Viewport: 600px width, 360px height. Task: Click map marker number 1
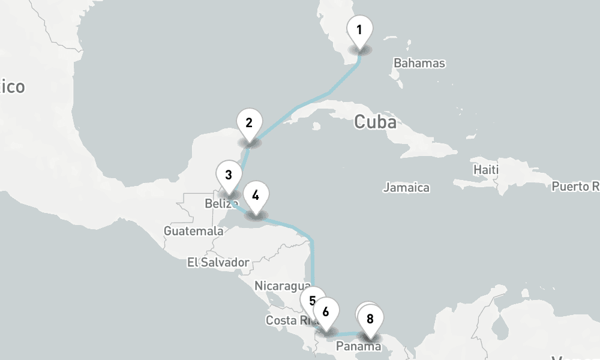[359, 30]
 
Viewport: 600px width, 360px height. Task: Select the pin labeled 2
[249, 123]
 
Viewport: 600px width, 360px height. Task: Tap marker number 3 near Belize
[229, 175]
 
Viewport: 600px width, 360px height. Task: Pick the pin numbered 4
[256, 195]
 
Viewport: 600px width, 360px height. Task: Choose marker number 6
[326, 312]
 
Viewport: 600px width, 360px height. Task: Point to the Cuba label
[375, 122]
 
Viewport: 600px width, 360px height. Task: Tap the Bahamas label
[419, 63]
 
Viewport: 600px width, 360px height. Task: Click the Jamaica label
[406, 188]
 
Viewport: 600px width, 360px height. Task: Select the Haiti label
[485, 170]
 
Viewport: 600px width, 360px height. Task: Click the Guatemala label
[193, 231]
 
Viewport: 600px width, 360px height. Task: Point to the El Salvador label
[218, 262]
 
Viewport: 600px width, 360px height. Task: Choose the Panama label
[358, 346]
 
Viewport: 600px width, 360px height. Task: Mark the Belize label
[217, 204]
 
